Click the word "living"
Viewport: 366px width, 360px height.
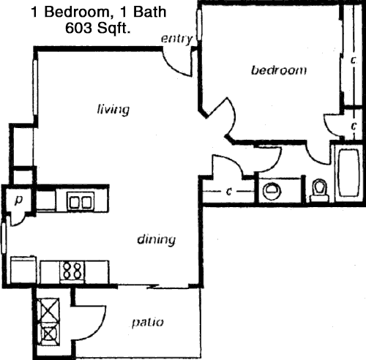coord(113,110)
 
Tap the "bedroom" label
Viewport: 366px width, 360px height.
coord(279,70)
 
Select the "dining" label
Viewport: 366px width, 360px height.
coord(157,239)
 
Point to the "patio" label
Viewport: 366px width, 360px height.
coord(148,323)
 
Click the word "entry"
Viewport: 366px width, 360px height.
coord(177,39)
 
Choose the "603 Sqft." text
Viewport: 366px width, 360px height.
coord(97,28)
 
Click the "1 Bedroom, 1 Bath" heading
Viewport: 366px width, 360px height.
coord(99,12)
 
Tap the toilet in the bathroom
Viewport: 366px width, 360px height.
coord(319,190)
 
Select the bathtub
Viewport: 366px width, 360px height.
coord(348,173)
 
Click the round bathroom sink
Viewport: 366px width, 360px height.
coord(272,190)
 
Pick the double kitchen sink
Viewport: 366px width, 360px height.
coord(81,201)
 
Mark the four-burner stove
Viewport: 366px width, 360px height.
coord(72,271)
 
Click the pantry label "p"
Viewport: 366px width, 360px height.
coord(18,200)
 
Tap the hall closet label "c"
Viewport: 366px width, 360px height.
coord(228,192)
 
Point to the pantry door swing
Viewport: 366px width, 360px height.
coord(19,221)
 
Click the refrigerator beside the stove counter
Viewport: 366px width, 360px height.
coord(23,269)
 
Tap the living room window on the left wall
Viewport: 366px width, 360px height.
coord(36,87)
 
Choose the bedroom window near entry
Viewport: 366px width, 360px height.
coord(199,25)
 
